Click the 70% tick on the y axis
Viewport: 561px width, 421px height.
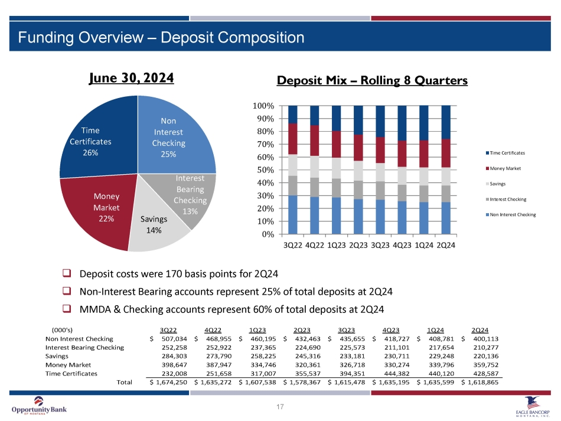pyautogui.click(x=263, y=145)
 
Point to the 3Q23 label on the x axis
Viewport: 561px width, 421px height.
pyautogui.click(x=381, y=244)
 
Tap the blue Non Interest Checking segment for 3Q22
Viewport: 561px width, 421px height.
pyautogui.click(x=292, y=214)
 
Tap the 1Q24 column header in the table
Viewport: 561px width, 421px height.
pyautogui.click(x=436, y=329)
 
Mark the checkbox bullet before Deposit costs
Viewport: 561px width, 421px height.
pyautogui.click(x=67, y=274)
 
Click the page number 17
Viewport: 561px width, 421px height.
pyautogui.click(x=280, y=406)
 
